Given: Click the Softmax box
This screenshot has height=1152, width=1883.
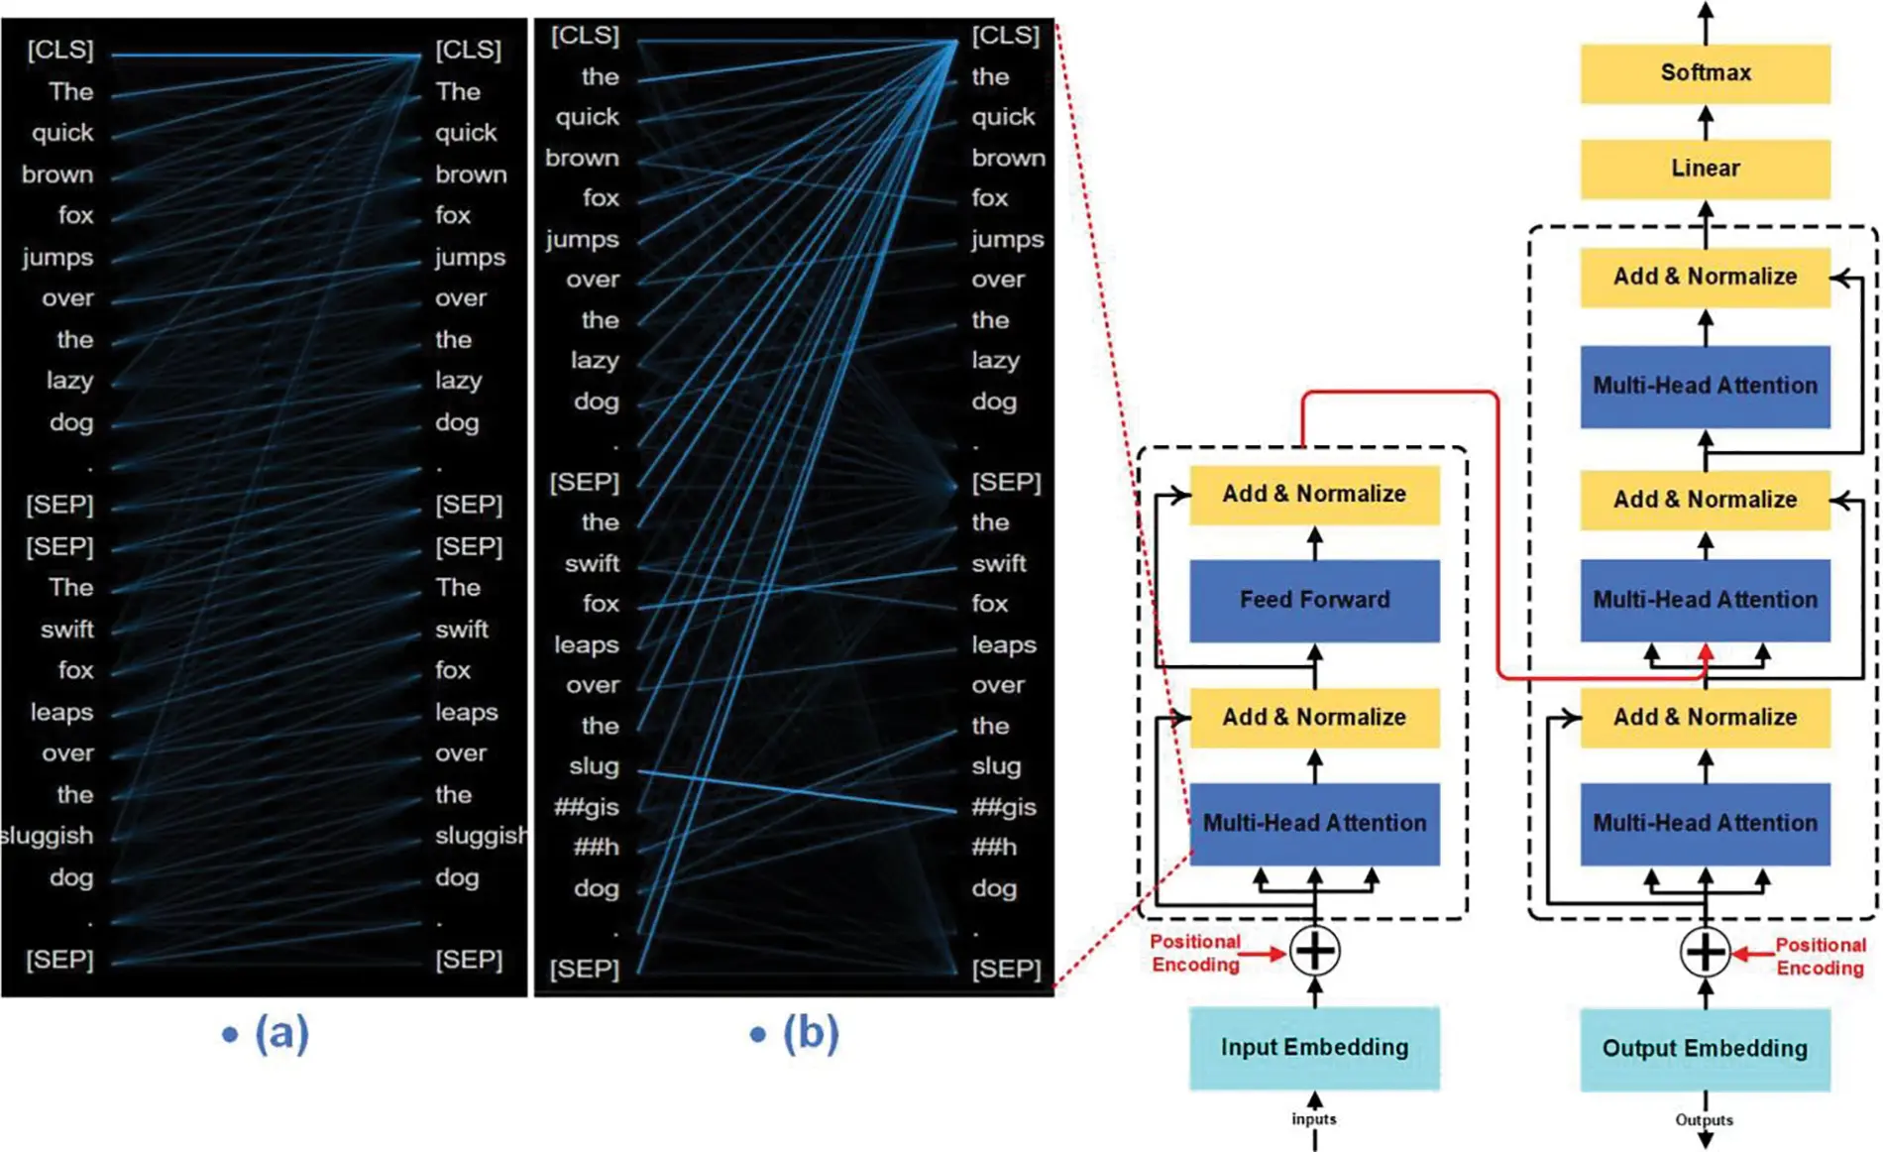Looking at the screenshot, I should [x=1705, y=72].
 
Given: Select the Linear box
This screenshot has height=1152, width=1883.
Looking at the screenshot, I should [x=1705, y=168].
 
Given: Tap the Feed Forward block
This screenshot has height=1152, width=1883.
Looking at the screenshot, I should [x=1314, y=600].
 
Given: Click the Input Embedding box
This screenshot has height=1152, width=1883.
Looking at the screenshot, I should [x=1314, y=1048].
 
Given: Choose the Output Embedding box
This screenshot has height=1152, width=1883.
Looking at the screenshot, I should [x=1705, y=1049].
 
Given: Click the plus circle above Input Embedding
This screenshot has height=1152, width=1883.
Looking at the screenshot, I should [x=1315, y=952].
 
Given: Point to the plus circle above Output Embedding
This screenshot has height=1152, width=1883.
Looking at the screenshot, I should [x=1705, y=953].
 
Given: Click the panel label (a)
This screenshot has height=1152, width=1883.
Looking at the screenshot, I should [x=281, y=1033].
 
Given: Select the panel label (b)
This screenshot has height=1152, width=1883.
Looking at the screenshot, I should [x=810, y=1033].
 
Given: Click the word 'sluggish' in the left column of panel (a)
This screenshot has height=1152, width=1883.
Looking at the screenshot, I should [x=48, y=836].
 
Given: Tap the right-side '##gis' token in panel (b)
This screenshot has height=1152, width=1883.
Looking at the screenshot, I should [x=1004, y=807].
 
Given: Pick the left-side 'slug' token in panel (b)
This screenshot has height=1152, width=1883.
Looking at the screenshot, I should [x=594, y=766].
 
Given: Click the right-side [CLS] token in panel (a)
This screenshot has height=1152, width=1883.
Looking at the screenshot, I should [x=468, y=50].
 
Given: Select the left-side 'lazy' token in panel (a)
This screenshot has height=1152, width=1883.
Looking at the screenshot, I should [x=69, y=381].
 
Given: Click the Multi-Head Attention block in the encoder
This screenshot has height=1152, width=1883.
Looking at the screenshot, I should [x=1314, y=823].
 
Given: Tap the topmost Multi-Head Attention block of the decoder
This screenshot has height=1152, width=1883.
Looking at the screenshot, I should [x=1705, y=386].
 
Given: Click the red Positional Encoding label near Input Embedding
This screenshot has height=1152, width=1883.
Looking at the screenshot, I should [x=1195, y=953].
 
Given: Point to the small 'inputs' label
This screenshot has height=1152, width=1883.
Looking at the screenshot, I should [x=1313, y=1118].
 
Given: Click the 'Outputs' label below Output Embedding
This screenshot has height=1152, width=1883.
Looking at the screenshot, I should [x=1704, y=1119].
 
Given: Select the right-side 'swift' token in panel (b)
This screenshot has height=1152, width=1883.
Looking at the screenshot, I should [x=998, y=563].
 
